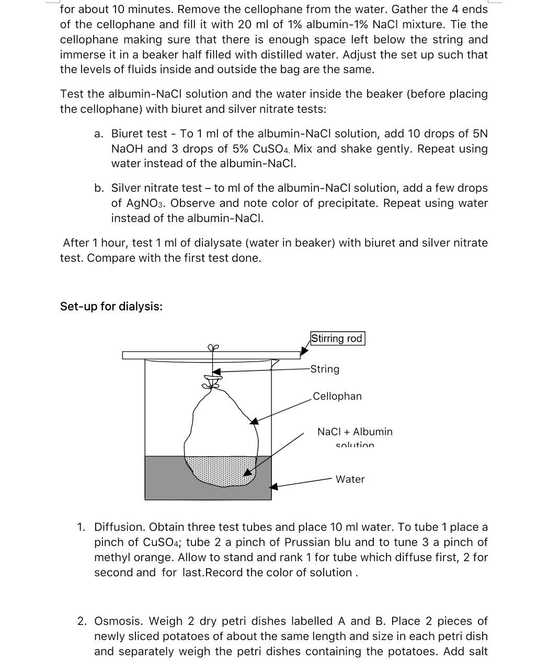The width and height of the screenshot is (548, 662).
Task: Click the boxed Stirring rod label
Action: pyautogui.click(x=337, y=339)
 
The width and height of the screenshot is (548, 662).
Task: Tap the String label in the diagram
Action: pyautogui.click(x=325, y=369)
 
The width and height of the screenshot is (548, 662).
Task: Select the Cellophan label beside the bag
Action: pyautogui.click(x=337, y=396)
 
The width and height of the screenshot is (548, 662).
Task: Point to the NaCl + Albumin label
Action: pyautogui.click(x=355, y=432)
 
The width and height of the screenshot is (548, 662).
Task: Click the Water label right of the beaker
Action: pyautogui.click(x=350, y=479)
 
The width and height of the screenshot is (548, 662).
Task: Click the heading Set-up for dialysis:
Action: pyautogui.click(x=111, y=306)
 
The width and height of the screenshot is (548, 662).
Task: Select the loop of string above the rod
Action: pyautogui.click(x=212, y=347)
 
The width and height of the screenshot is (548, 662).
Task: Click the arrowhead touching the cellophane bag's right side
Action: pyautogui.click(x=254, y=421)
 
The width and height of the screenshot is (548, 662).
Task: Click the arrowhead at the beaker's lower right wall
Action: pyautogui.click(x=273, y=486)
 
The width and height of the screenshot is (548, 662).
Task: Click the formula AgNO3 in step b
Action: pyautogui.click(x=139, y=203)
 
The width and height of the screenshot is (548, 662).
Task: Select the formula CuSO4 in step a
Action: pyautogui.click(x=270, y=149)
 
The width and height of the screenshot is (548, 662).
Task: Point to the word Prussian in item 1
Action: pyautogui.click(x=329, y=542)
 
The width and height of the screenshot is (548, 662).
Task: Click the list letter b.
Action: pyautogui.click(x=99, y=188)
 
